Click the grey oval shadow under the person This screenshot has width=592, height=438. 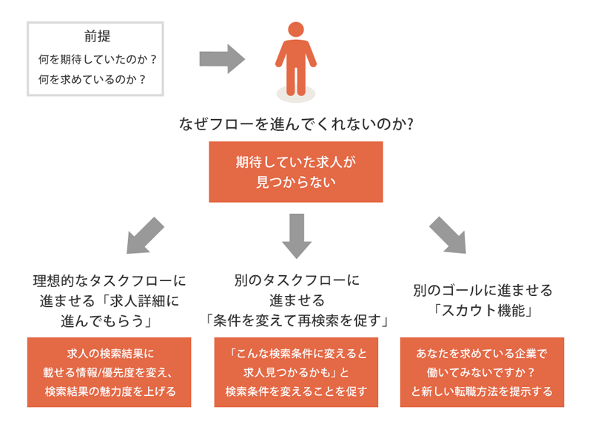click(x=296, y=95)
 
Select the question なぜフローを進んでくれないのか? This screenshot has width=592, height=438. click(x=296, y=124)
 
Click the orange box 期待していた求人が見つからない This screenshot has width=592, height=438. click(x=296, y=172)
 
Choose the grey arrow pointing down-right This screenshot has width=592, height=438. click(x=448, y=235)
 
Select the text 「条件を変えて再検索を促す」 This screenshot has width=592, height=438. click(x=296, y=320)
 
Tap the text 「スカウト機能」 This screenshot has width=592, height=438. click(x=482, y=311)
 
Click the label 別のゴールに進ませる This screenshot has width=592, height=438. click(x=482, y=290)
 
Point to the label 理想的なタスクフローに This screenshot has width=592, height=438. click(x=110, y=281)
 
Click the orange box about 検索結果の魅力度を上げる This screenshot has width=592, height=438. click(x=110, y=372)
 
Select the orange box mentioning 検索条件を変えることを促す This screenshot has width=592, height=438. click(x=296, y=372)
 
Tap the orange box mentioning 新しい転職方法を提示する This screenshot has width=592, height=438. click(x=482, y=372)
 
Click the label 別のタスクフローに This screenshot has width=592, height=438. click(x=296, y=281)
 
